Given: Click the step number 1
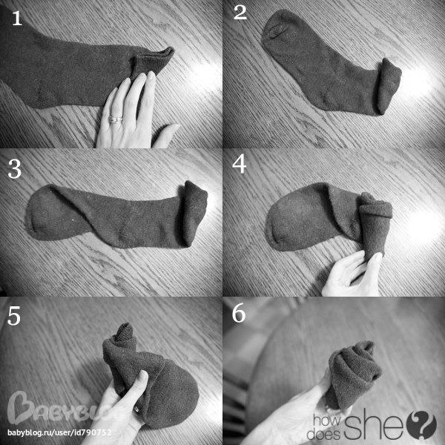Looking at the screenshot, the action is click(17, 19).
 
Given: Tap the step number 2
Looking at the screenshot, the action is click(240, 13).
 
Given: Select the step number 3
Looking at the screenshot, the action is click(15, 169).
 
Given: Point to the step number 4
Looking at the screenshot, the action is click(240, 165).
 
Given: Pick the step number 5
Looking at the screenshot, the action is click(14, 316).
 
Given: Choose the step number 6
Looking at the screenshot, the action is click(239, 314).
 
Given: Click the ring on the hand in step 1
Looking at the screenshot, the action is click(115, 119).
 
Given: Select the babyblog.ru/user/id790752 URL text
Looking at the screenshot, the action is click(59, 433).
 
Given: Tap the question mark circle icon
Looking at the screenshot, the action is click(421, 425).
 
